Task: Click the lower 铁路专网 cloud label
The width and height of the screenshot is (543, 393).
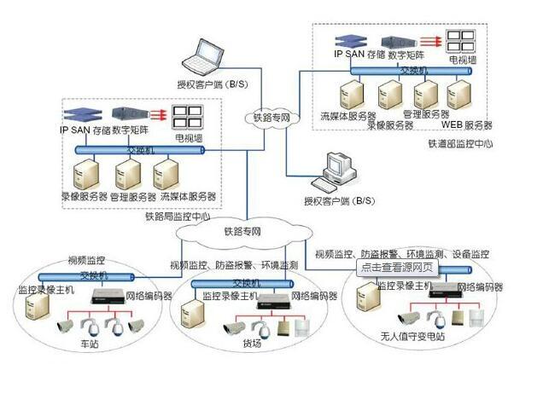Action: [243, 231]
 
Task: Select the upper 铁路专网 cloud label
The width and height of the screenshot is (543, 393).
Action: [271, 118]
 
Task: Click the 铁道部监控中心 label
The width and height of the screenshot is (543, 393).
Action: [460, 143]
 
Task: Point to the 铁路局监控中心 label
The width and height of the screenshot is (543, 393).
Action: [178, 216]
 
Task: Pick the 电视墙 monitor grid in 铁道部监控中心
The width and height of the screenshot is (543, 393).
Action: [463, 41]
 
